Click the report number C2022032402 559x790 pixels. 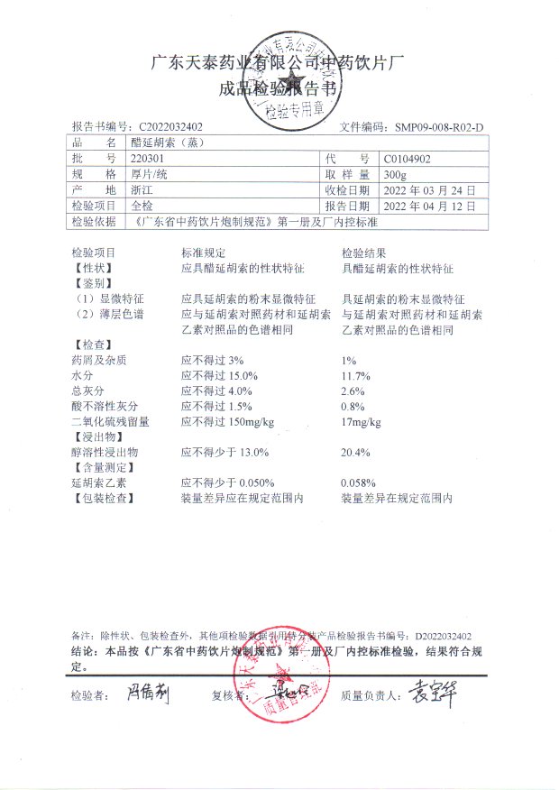[171, 127]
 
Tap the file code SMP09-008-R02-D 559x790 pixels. [439, 127]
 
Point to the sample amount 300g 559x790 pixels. [395, 174]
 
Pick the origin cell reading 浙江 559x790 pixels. [142, 190]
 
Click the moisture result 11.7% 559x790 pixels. [355, 375]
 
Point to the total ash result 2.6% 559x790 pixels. [353, 390]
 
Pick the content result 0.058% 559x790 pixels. [358, 482]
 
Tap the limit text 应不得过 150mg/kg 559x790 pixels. [227, 421]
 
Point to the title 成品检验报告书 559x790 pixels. [279, 88]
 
